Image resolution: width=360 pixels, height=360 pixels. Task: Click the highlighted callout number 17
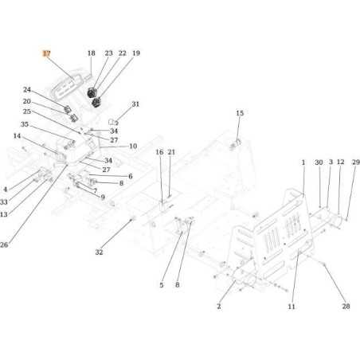click(46, 53)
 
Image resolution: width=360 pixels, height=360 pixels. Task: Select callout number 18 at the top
click(91, 53)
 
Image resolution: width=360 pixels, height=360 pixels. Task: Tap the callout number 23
click(108, 53)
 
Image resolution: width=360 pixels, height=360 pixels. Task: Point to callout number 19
click(135, 53)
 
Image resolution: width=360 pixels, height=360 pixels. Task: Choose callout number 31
click(135, 104)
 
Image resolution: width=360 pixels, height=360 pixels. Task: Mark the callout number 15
click(239, 114)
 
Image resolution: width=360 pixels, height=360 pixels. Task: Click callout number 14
click(17, 136)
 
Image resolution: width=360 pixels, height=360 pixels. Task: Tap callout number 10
click(132, 147)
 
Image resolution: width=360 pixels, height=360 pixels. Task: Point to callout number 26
click(6, 245)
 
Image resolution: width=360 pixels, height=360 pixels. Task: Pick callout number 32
click(100, 252)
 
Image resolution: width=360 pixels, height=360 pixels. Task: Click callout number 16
click(159, 152)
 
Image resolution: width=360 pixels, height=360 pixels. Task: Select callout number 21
click(171, 152)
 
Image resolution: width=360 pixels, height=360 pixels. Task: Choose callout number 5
click(161, 284)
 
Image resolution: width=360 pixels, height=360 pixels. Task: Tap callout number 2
click(218, 306)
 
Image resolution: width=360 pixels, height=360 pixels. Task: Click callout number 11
click(292, 306)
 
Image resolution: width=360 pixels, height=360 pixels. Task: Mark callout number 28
click(346, 306)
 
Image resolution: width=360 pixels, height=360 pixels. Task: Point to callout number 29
click(355, 162)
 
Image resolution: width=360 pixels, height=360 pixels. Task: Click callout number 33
click(6, 202)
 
